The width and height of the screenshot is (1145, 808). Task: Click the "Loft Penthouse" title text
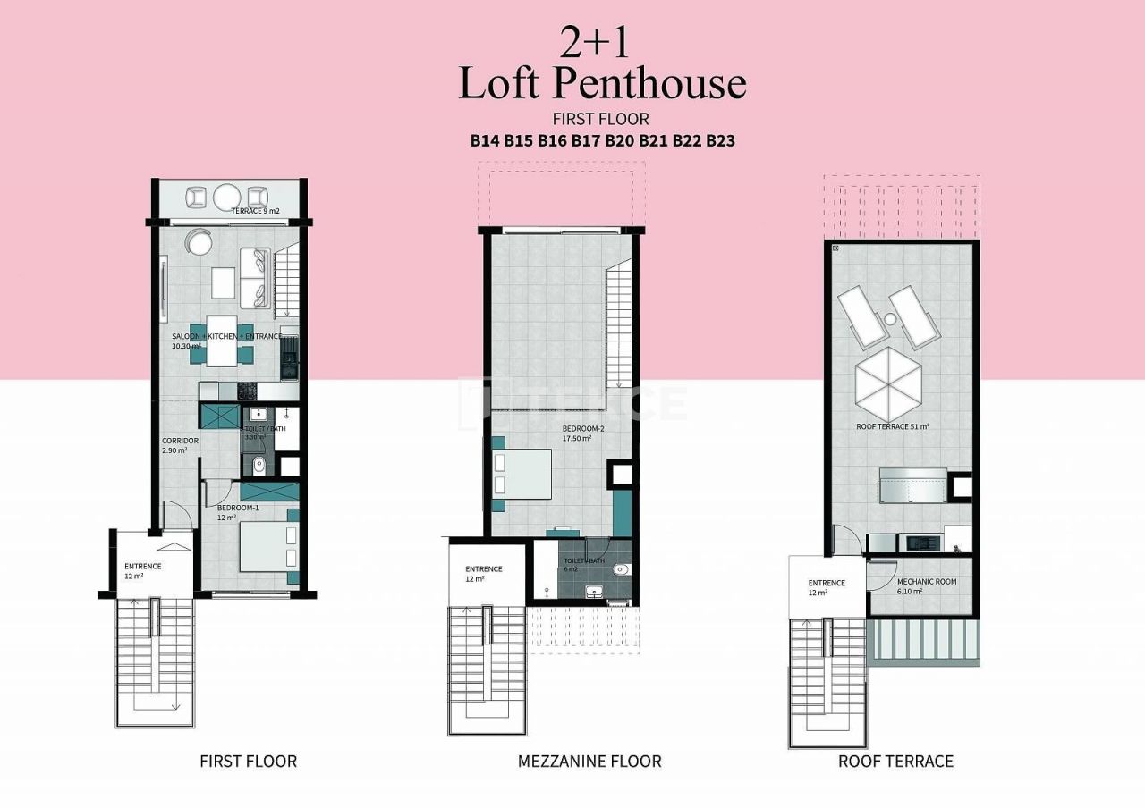(x=602, y=82)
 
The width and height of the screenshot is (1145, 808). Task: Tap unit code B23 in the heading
(x=720, y=140)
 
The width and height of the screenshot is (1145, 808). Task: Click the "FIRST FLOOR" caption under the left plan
(x=248, y=762)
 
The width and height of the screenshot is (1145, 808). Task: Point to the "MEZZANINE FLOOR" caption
(x=589, y=762)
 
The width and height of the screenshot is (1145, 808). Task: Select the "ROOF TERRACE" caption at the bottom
(x=895, y=762)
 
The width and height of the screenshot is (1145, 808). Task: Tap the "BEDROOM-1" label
(x=237, y=508)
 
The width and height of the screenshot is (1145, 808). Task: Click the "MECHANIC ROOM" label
(x=927, y=582)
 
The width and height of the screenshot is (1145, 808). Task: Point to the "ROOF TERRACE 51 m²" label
(x=892, y=427)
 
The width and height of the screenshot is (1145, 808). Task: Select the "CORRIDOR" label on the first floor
(x=180, y=442)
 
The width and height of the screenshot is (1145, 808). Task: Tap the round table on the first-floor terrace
(x=227, y=196)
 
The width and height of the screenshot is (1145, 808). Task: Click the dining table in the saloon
(x=222, y=341)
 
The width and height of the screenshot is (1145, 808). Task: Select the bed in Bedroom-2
(x=522, y=474)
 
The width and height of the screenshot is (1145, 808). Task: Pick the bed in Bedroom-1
(x=266, y=546)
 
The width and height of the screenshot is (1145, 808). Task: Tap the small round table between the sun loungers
(x=890, y=319)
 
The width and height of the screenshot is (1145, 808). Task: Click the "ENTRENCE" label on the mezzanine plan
(x=483, y=569)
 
